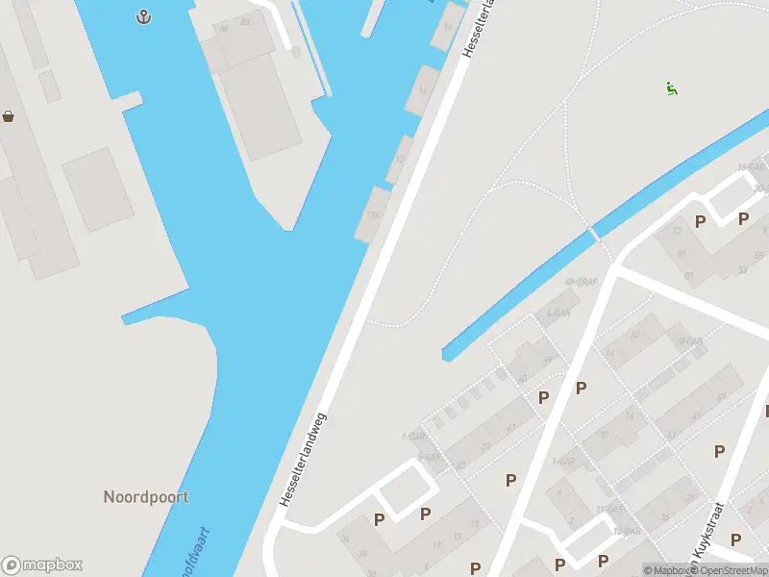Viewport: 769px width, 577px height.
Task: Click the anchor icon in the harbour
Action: point(143,16)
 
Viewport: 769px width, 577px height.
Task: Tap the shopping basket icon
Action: point(9,116)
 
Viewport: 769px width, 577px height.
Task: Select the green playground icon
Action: point(672,89)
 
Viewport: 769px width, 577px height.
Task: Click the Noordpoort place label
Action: point(146,497)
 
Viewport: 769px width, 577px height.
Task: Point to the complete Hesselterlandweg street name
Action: point(304,460)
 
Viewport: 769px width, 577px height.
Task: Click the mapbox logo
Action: point(42,565)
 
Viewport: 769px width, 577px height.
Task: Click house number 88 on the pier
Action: point(245,21)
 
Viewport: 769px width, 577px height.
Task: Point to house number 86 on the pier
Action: point(224,29)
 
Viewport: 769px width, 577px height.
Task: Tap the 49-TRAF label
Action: point(583,282)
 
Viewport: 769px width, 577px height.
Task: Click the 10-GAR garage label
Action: point(688,341)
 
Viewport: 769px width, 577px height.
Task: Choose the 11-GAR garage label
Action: point(609,509)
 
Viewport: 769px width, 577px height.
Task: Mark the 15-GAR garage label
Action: point(626,531)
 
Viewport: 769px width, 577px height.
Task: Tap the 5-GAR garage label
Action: point(429,457)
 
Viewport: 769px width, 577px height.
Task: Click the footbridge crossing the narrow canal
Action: point(595,233)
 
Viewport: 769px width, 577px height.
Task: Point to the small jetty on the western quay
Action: point(132,99)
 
